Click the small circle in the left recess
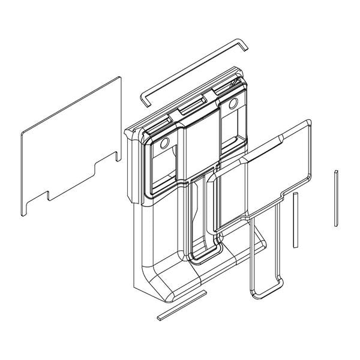(164, 144)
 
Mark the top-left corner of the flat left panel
(22, 133)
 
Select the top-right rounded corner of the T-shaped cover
(308, 123)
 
